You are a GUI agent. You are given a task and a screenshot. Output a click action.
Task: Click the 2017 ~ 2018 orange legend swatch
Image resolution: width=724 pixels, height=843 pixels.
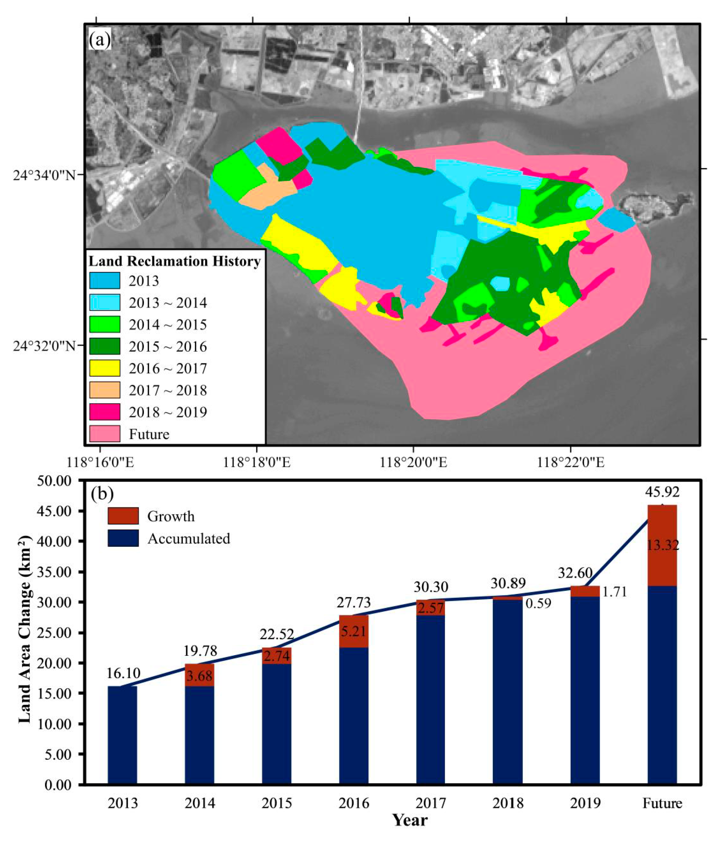coord(105,390)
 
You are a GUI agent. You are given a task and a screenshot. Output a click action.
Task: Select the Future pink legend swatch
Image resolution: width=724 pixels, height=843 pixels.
coord(105,434)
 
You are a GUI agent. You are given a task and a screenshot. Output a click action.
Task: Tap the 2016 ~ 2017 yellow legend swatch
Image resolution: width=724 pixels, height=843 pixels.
coord(105,368)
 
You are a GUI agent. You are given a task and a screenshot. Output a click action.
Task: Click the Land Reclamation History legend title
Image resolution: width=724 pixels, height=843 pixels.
coord(175,261)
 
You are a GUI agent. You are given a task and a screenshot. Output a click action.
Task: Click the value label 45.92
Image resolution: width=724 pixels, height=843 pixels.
coord(662,492)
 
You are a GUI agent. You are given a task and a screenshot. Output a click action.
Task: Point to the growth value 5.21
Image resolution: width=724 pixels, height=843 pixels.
coord(354,631)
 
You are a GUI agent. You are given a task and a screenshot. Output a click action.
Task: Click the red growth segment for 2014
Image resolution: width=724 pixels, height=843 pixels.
coord(199,675)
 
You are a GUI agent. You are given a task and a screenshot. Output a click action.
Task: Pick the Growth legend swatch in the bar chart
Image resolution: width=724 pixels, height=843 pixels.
coord(123,516)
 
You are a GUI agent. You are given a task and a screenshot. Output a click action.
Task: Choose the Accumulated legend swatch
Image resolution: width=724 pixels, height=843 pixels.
coord(123,538)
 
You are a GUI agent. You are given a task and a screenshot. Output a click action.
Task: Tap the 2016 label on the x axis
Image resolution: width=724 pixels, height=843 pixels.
coord(354,803)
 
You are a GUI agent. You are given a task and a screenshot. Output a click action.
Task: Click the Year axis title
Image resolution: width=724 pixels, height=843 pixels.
coord(410,820)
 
